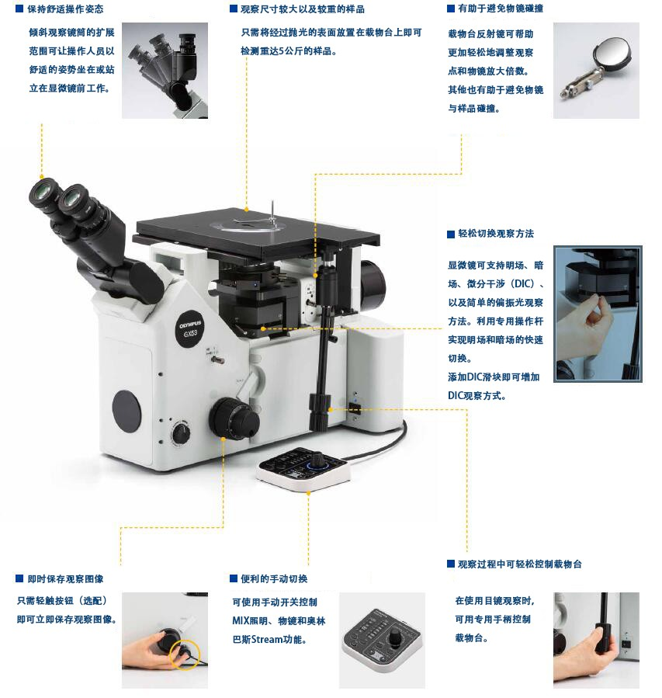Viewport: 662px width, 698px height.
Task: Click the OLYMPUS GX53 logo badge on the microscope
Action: (x=190, y=329)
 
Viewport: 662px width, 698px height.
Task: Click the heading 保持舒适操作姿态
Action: (x=65, y=9)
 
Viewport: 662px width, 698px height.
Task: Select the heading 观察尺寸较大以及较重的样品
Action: (x=303, y=9)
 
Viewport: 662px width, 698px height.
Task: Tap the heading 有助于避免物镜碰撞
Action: (x=501, y=9)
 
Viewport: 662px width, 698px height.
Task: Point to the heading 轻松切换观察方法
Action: (x=496, y=233)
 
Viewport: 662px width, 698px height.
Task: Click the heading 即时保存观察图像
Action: (x=65, y=578)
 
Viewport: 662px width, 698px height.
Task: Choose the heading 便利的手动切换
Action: (x=274, y=578)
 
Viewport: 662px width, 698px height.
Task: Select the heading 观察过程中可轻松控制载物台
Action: (x=520, y=564)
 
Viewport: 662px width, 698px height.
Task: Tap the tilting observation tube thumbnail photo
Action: (x=165, y=71)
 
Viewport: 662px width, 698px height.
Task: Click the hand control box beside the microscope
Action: (x=304, y=469)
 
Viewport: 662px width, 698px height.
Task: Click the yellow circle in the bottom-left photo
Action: (x=185, y=655)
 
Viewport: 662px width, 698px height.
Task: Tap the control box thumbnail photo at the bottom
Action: (x=382, y=640)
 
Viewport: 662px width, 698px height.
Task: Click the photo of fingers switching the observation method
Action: (x=598, y=314)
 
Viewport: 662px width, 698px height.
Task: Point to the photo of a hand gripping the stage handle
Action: (x=596, y=640)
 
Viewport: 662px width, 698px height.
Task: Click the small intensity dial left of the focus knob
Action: (x=181, y=432)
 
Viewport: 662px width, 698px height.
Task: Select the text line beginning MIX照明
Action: (x=279, y=620)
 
